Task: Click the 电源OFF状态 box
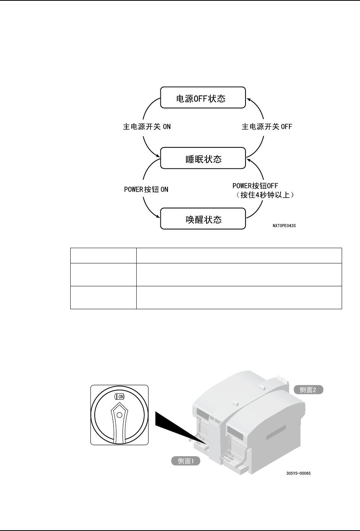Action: coord(202,98)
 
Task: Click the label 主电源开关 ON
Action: coord(147,127)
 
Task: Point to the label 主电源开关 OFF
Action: coord(266,127)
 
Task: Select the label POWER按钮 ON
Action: coord(146,189)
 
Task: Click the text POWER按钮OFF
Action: coord(255,186)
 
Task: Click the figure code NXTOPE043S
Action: coord(284,226)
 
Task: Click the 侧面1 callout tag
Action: coord(186,461)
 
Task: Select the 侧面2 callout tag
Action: coord(308,390)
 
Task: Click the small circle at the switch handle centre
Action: coord(119,415)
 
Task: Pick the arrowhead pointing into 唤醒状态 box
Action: coord(158,218)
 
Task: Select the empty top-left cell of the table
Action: coord(103,255)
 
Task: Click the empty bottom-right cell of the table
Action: coord(239,297)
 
